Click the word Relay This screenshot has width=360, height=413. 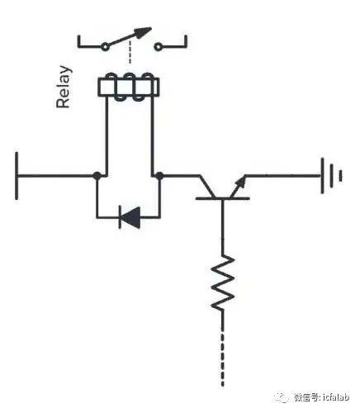[64, 87]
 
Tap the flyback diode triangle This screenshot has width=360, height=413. [131, 217]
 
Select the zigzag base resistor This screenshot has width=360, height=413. [223, 283]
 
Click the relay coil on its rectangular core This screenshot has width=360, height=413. [129, 88]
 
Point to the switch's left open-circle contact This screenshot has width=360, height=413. [105, 47]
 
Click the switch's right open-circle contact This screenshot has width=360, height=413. [158, 47]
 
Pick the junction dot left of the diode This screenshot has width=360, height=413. [97, 175]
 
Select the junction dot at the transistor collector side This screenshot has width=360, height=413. [159, 175]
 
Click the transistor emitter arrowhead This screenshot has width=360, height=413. [241, 182]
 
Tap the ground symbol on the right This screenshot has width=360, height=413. [331, 175]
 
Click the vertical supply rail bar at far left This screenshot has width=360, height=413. [17, 175]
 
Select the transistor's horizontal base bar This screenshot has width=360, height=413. [223, 198]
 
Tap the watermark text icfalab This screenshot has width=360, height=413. [336, 397]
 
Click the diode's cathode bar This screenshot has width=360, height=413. [120, 217]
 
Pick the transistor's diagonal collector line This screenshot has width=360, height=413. [207, 187]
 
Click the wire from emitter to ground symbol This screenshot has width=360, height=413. [282, 175]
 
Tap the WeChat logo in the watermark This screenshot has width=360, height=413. [282, 397]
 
